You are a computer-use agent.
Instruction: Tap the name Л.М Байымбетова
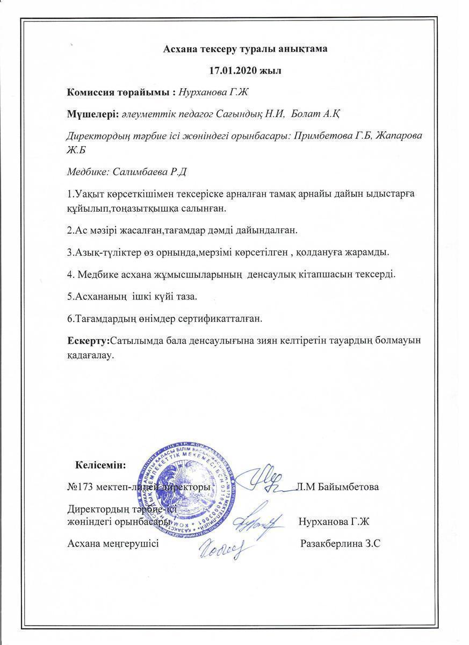point(337,487)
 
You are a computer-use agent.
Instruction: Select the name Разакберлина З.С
point(341,543)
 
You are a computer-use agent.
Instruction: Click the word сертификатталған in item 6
point(219,319)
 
